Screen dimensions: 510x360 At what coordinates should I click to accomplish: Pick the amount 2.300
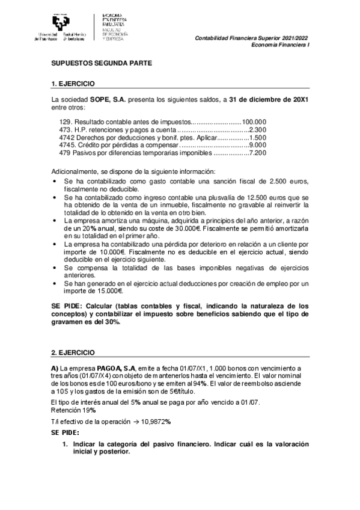[x=258, y=129]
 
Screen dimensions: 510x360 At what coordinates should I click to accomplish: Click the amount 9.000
[x=258, y=145]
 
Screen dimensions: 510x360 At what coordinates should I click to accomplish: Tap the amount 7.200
[x=258, y=153]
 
